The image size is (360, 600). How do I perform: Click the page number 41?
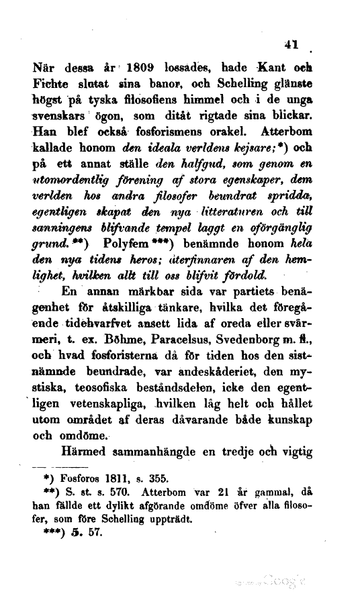291,46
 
